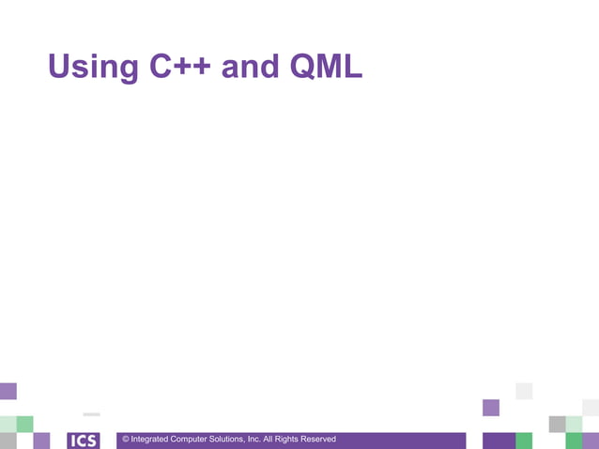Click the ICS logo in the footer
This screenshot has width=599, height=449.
84,441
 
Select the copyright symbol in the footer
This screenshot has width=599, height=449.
125,440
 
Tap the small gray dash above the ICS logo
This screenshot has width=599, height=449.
91,414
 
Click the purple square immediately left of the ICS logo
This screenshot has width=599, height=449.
41,441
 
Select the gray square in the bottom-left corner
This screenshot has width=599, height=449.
8,441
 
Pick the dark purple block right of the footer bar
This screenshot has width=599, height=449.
499,441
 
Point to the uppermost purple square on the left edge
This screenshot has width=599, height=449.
8,391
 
